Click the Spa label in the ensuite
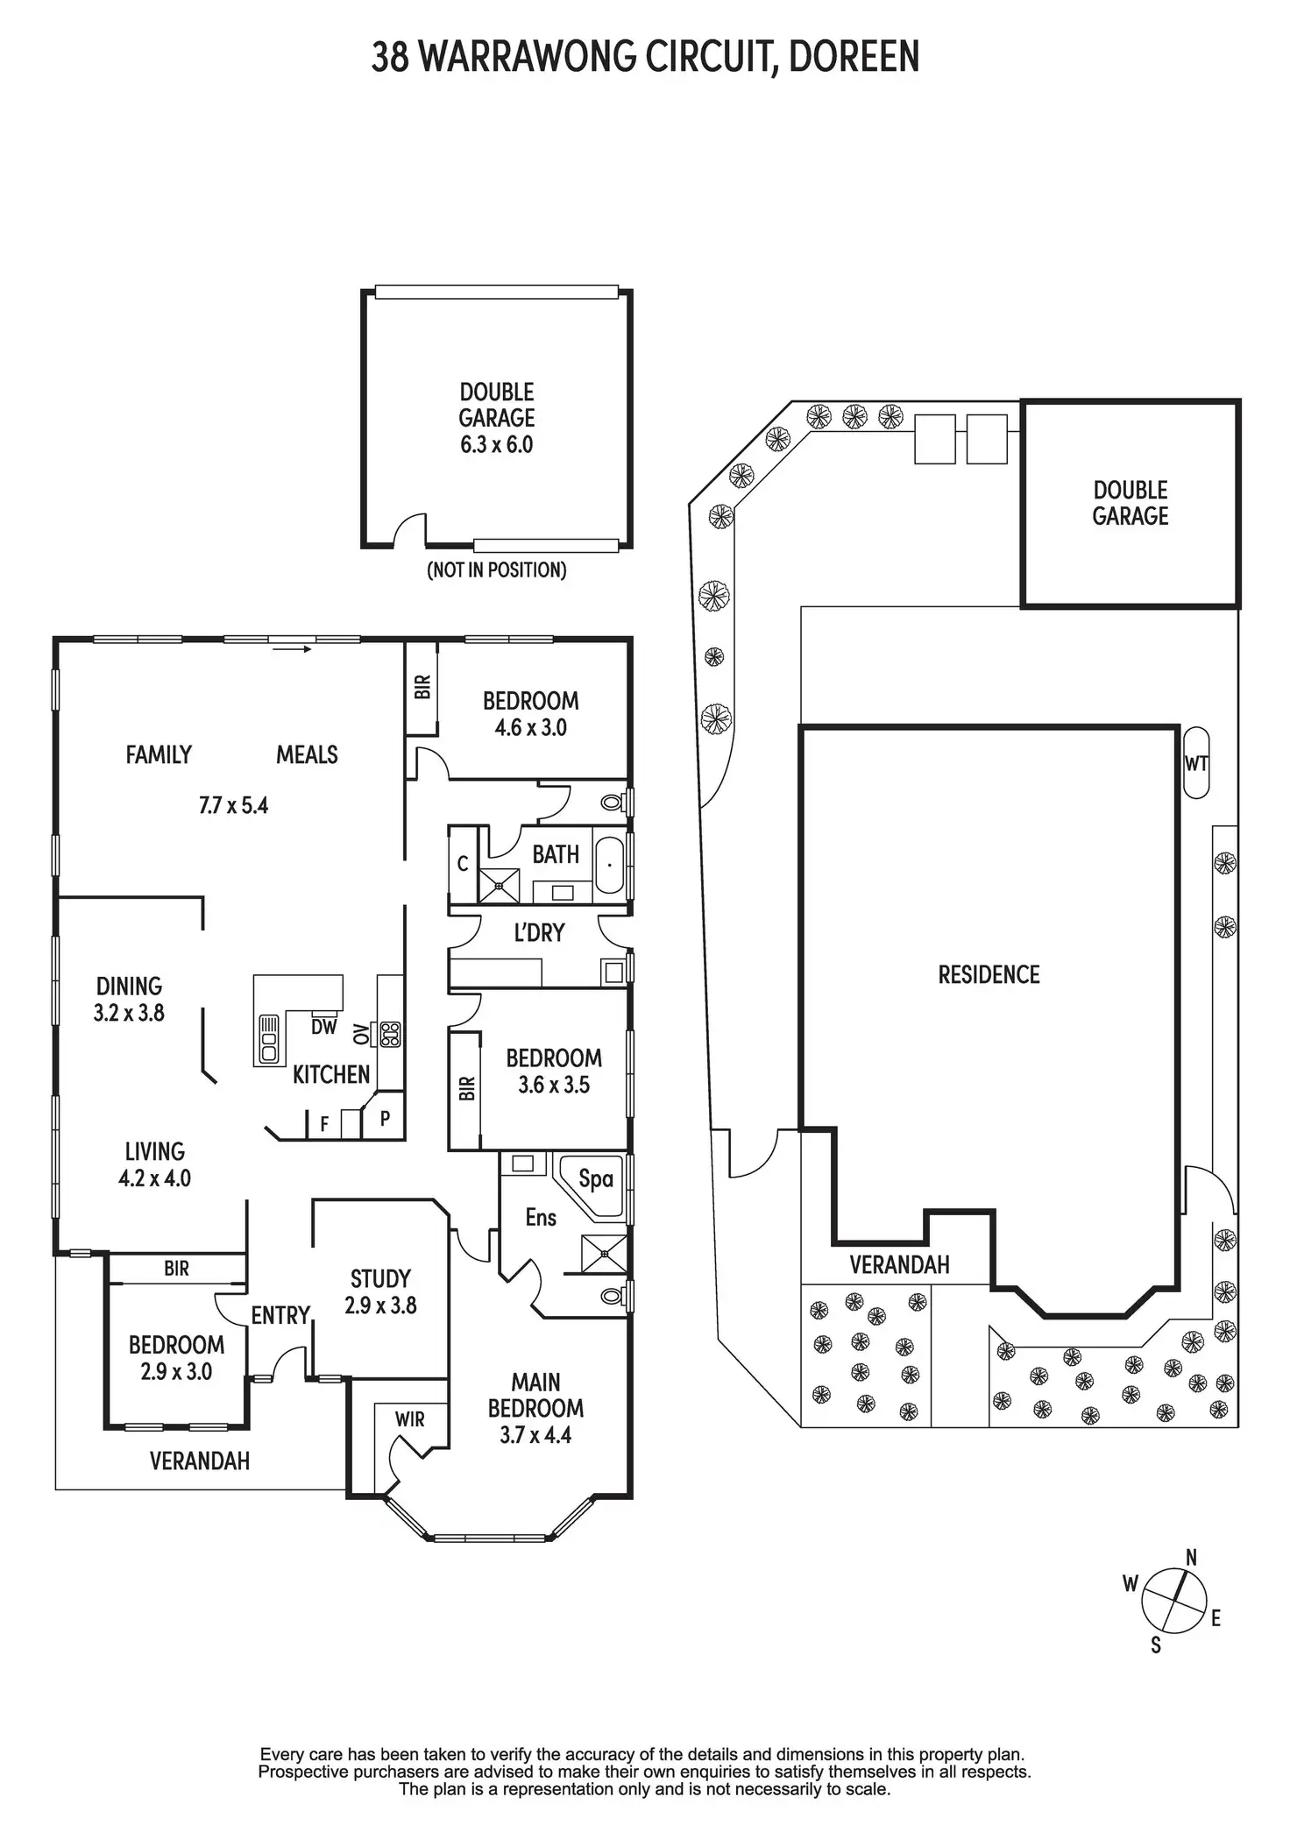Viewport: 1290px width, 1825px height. pyautogui.click(x=596, y=1178)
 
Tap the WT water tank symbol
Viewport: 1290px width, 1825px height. pyautogui.click(x=1195, y=762)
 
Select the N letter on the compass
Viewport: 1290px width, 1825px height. pyautogui.click(x=1191, y=1557)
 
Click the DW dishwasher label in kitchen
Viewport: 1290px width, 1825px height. pyautogui.click(x=323, y=1027)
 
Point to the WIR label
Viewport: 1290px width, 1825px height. pyautogui.click(x=409, y=1418)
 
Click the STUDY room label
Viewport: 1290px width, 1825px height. pyautogui.click(x=380, y=1278)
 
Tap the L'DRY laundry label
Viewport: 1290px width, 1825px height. pyautogui.click(x=539, y=933)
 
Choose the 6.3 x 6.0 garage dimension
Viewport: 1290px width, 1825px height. pyautogui.click(x=496, y=444)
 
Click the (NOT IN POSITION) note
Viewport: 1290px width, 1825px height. pyautogui.click(x=496, y=570)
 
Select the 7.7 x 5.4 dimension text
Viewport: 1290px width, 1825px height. pyautogui.click(x=233, y=805)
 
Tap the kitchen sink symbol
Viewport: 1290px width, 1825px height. pyautogui.click(x=267, y=1039)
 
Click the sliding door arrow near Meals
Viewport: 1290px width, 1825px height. pyautogui.click(x=292, y=649)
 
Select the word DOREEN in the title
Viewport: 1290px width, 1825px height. pyautogui.click(x=854, y=58)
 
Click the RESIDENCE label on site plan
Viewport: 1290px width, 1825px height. pyautogui.click(x=989, y=974)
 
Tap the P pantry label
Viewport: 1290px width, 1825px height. pyautogui.click(x=385, y=1118)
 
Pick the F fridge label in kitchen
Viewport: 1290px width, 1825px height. pyautogui.click(x=324, y=1124)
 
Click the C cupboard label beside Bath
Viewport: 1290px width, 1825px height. pyautogui.click(x=463, y=864)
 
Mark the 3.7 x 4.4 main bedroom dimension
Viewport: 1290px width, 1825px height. pyautogui.click(x=535, y=1434)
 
